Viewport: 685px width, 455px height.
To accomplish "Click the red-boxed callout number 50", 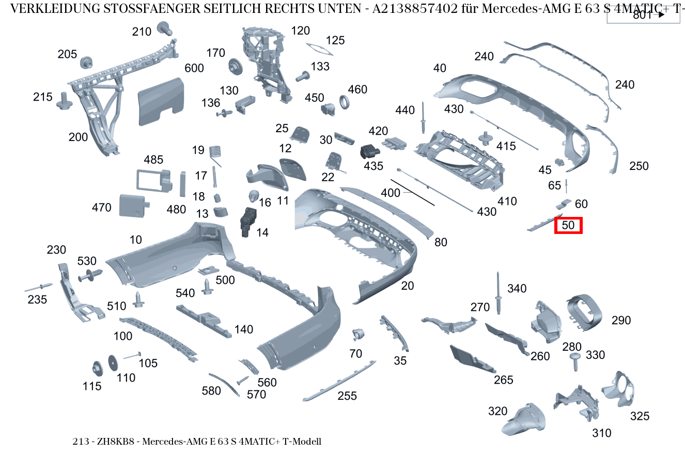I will [568, 225].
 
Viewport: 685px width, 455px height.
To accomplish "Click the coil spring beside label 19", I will [216, 153].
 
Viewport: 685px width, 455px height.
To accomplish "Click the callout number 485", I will [153, 160].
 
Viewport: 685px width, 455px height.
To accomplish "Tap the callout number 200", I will [79, 137].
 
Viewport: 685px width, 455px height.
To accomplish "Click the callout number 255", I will [348, 396].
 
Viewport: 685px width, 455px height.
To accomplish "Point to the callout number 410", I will [507, 201].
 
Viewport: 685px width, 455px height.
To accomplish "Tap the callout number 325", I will [640, 416].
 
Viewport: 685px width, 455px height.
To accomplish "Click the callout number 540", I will [185, 293].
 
